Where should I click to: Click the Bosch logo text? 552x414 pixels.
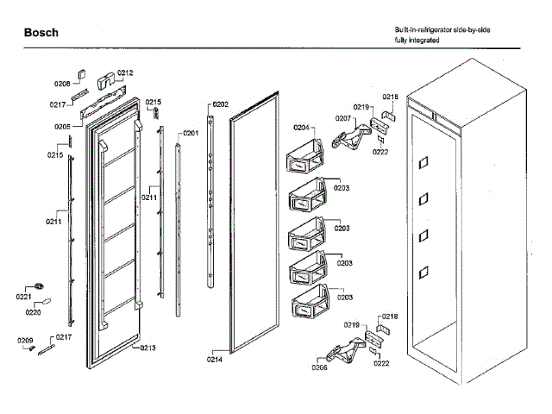41,33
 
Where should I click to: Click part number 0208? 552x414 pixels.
62,84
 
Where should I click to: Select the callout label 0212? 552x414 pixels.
125,73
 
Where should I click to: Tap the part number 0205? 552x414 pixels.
62,126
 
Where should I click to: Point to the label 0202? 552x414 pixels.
220,104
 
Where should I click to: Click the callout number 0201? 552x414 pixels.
190,133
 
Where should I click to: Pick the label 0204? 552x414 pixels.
301,129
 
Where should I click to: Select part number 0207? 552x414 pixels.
343,118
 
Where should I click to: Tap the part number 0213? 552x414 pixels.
147,348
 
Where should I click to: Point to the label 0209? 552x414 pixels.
26,341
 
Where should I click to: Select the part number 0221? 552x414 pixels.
24,296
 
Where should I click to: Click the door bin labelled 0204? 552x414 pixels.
304,160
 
